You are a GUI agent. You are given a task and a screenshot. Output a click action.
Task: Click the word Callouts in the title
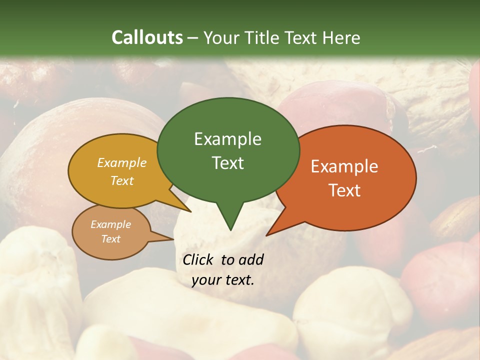[147, 37]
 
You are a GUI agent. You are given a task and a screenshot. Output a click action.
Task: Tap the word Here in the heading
[341, 37]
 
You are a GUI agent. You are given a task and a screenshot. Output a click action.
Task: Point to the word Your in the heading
[221, 38]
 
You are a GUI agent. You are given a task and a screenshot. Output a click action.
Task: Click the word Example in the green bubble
[227, 139]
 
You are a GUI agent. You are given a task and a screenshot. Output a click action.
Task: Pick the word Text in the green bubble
[227, 163]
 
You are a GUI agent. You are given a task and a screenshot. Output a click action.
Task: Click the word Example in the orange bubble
[344, 166]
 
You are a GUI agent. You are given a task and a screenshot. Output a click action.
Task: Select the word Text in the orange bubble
[344, 190]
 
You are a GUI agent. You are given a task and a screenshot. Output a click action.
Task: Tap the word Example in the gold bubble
[122, 163]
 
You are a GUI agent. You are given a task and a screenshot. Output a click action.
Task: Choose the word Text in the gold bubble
[122, 181]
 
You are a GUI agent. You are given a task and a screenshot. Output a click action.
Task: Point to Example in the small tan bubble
[110, 224]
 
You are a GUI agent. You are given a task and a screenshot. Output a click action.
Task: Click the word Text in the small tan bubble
[110, 239]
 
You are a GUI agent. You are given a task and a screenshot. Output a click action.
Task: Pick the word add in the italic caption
[251, 259]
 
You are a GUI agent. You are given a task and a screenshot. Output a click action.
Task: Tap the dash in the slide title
[193, 38]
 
